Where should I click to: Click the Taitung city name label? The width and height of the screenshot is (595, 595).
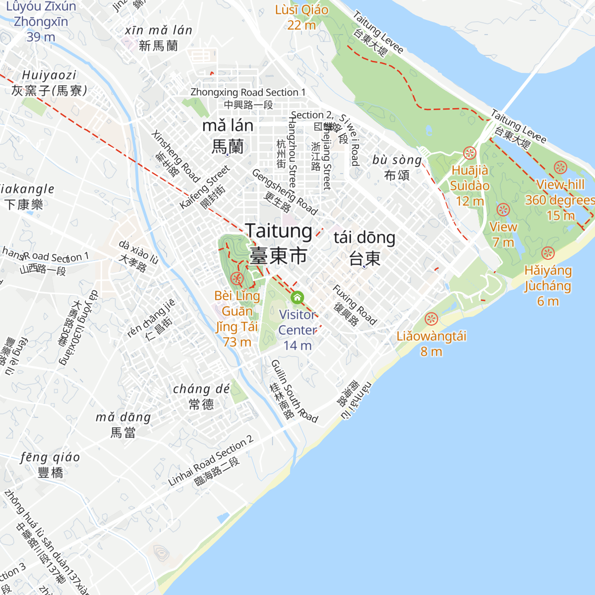tap(279, 243)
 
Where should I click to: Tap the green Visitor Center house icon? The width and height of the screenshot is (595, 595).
tap(297, 297)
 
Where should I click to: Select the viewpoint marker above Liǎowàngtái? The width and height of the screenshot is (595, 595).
tap(431, 319)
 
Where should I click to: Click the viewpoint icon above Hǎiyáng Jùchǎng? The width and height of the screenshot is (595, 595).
tap(547, 253)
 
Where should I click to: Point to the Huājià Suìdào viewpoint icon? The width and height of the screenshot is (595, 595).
tap(470, 153)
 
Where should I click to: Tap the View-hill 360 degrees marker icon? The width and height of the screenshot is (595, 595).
tap(560, 168)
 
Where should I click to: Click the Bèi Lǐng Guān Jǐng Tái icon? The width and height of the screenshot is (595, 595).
tap(238, 278)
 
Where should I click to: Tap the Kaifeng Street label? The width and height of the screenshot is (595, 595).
tap(205, 187)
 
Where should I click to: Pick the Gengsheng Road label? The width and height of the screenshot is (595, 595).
tap(285, 192)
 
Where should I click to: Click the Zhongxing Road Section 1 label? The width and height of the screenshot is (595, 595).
tap(248, 98)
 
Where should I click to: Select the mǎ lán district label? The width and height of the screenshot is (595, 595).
tap(228, 135)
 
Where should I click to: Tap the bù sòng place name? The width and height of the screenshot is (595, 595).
tap(397, 167)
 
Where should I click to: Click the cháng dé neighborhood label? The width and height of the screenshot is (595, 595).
tap(201, 396)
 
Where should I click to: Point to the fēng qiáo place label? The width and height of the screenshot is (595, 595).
tap(50, 464)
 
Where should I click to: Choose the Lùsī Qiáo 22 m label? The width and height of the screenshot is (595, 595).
tap(301, 17)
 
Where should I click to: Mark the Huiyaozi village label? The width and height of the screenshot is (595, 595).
tap(49, 82)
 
